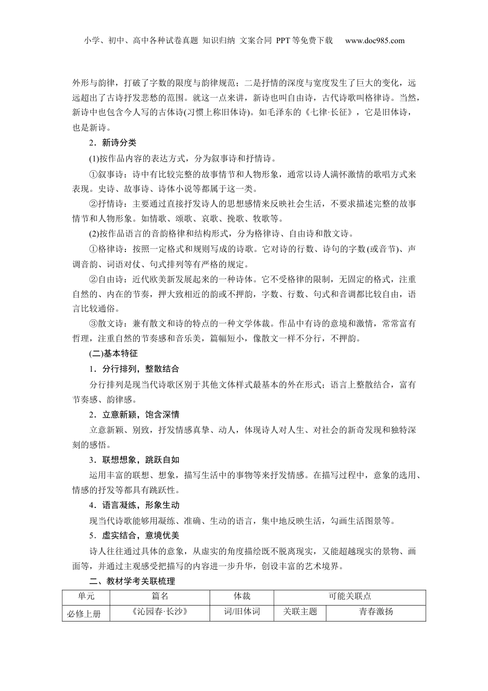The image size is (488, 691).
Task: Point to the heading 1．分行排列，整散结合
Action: (x=134, y=369)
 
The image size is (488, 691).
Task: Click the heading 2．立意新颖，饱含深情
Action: (x=134, y=414)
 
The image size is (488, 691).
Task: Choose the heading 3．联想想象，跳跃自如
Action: (x=134, y=460)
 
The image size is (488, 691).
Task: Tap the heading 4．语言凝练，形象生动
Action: (x=134, y=505)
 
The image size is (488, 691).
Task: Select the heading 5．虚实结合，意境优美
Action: (x=134, y=536)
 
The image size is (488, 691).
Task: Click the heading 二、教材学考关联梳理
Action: (x=132, y=581)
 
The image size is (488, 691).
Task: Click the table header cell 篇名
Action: (x=160, y=596)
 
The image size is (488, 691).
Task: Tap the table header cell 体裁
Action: (x=242, y=596)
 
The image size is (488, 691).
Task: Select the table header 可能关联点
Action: (x=350, y=596)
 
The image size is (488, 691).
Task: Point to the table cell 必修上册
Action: (x=84, y=613)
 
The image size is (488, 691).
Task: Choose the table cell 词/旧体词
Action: (x=242, y=612)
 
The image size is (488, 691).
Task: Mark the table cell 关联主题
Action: (x=300, y=612)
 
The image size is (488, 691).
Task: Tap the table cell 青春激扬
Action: (x=376, y=612)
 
